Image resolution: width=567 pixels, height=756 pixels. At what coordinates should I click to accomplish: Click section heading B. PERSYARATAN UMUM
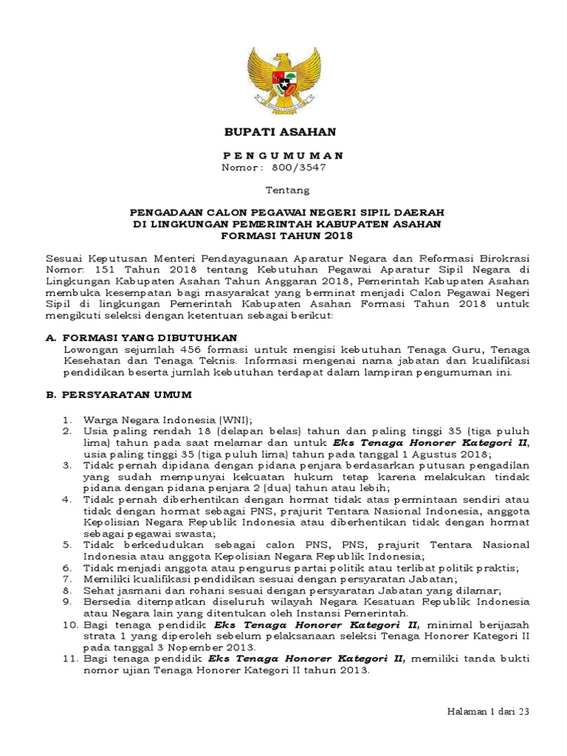coord(119,395)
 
